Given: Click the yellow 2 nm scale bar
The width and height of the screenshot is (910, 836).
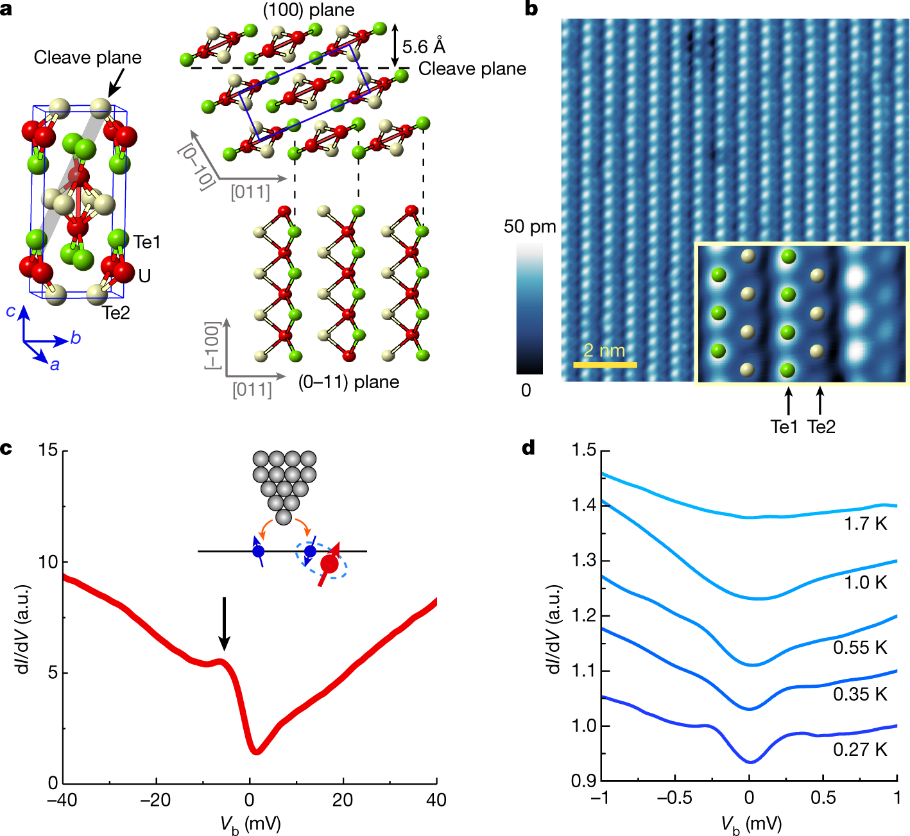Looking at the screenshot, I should [605, 364].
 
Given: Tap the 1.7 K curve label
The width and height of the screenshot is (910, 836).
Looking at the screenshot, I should [865, 524].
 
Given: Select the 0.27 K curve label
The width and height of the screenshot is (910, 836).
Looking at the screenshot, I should [860, 749].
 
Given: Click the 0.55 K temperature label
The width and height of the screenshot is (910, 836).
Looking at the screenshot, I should [860, 647].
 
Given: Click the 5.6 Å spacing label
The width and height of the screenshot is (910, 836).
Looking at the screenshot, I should [424, 47].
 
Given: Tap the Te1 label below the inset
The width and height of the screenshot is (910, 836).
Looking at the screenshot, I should [784, 427].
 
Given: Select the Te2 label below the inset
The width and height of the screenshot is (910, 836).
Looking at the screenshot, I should [821, 427].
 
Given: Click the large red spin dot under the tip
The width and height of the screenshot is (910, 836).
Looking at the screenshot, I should [329, 564].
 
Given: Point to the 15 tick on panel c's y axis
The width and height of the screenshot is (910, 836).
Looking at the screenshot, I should [47, 450].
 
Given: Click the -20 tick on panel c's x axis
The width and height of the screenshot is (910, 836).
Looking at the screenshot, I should [156, 800].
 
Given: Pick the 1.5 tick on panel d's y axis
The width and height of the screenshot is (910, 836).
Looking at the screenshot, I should [584, 450].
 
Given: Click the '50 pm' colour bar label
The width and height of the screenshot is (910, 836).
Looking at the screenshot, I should [529, 226].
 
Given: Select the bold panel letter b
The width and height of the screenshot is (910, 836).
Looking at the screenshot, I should [531, 9].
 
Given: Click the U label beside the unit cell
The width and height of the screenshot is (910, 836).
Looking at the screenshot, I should [144, 276].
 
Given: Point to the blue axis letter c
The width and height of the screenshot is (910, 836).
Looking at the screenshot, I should [11, 311].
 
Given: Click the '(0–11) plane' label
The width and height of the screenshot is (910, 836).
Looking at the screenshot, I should [348, 382].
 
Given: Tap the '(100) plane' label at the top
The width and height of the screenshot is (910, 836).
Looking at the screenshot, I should [309, 10].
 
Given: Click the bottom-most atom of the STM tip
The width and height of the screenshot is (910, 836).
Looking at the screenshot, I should [283, 517].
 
